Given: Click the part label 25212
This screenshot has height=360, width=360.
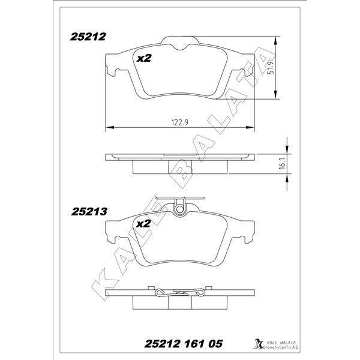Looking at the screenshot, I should (88, 37).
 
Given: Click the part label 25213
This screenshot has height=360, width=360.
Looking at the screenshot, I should (89, 211).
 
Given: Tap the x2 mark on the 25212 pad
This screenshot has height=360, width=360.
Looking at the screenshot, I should (143, 59).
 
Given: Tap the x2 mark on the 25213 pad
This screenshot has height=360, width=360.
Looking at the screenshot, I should (143, 223).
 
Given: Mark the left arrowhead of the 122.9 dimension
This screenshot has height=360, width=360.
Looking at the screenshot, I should (109, 127).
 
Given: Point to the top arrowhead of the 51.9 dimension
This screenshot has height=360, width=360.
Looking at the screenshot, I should (275, 40).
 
